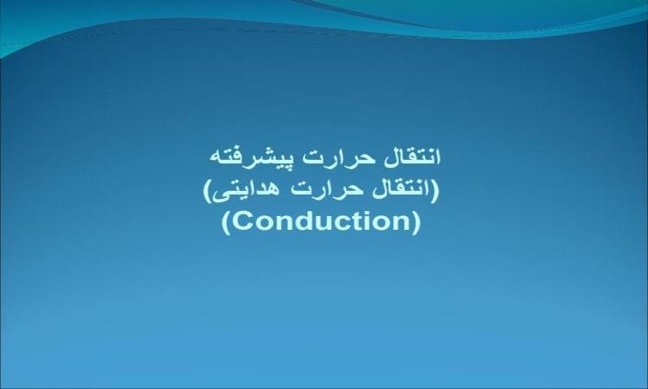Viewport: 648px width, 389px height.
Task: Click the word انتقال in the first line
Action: [412, 157]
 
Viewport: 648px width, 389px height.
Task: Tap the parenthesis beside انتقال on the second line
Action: [435, 191]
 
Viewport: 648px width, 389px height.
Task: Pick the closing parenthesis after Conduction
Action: [416, 223]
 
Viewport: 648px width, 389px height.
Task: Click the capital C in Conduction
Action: [242, 221]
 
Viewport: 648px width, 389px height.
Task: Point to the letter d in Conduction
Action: [302, 221]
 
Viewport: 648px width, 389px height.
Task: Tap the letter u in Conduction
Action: [324, 224]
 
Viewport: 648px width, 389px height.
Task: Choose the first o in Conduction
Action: [264, 224]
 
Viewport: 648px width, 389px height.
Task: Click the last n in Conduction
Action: [405, 223]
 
